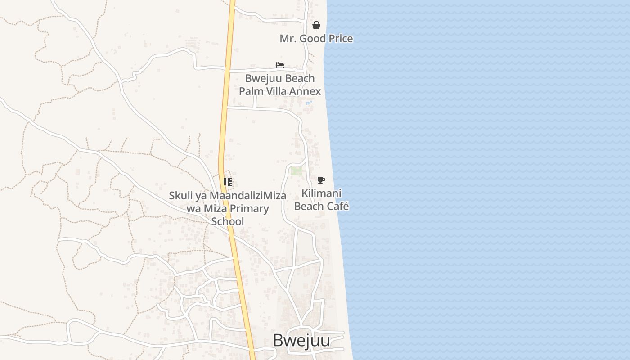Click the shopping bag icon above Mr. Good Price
(x=316, y=25)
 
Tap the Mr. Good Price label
(x=316, y=39)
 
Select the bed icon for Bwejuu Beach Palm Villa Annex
(x=280, y=65)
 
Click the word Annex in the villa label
(x=306, y=91)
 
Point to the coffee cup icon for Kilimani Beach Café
(x=321, y=180)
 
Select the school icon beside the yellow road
(x=228, y=182)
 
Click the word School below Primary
(x=228, y=221)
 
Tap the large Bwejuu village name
(x=301, y=341)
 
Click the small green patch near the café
(x=296, y=171)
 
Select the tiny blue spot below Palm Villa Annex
(x=308, y=103)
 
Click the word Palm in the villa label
(x=249, y=91)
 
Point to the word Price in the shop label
(x=341, y=39)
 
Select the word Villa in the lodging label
(x=274, y=91)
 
